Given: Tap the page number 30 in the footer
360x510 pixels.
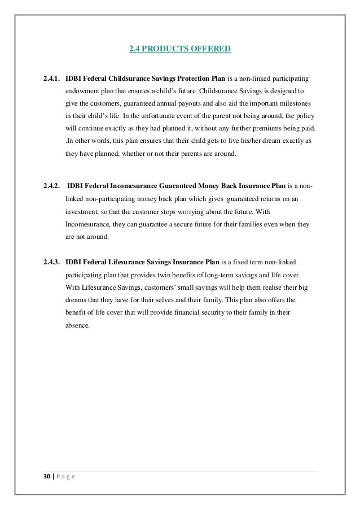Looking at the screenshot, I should click(x=46, y=477).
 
